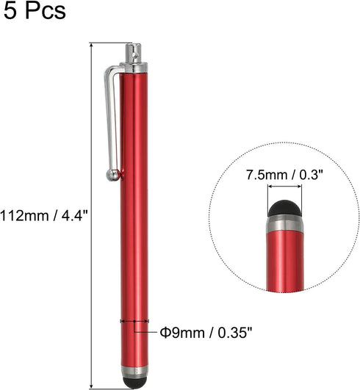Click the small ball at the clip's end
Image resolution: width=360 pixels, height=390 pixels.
pyautogui.click(x=113, y=175)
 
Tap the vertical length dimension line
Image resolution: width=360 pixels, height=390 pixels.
pyautogui.click(x=91, y=220)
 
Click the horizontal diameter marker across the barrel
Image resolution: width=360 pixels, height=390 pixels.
pyautogui.click(x=133, y=321)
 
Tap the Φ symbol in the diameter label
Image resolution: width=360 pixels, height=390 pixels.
pyautogui.click(x=165, y=332)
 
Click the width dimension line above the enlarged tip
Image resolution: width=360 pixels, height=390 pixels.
pyautogui.click(x=285, y=192)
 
